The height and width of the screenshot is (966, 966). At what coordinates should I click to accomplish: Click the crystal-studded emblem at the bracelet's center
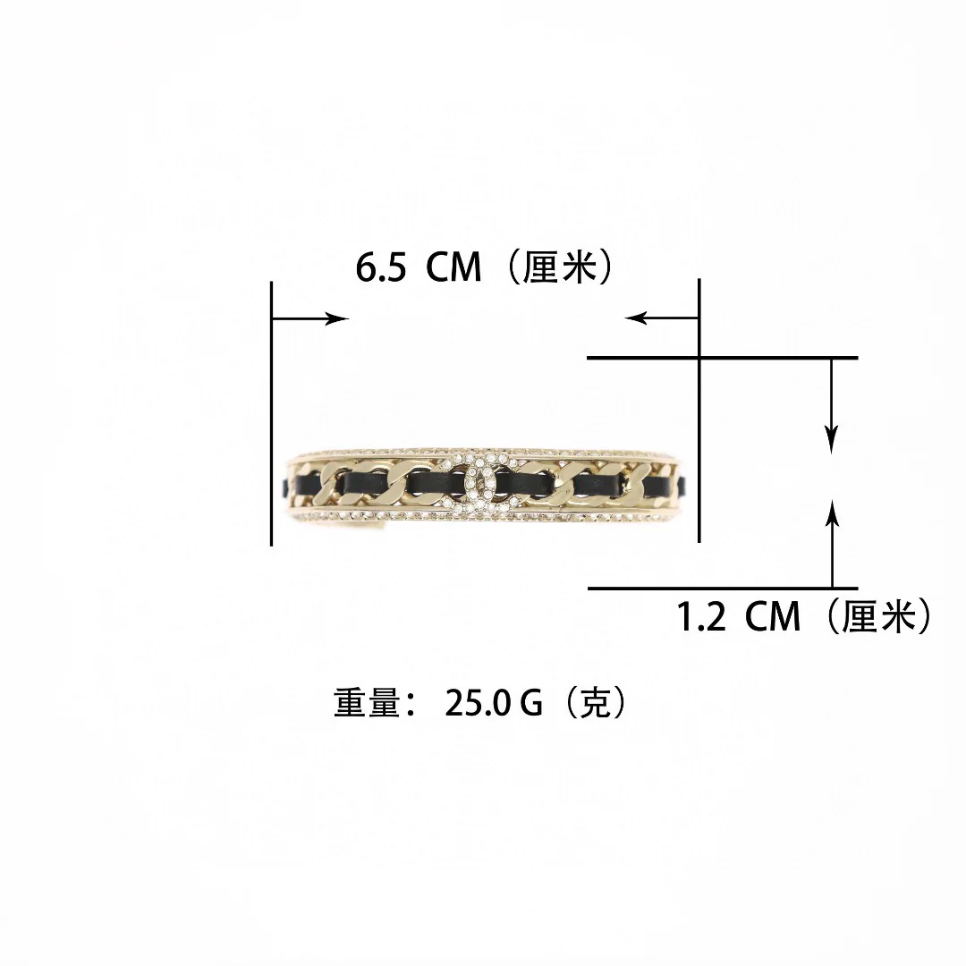[483, 482]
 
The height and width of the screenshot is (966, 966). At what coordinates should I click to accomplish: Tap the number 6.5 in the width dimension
[380, 268]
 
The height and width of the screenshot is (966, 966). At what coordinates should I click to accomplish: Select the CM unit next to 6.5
[453, 268]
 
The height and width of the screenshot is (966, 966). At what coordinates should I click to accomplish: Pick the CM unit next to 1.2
[773, 616]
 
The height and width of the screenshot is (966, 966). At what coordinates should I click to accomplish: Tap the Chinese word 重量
[368, 702]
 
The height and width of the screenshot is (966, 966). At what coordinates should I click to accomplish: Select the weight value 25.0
[478, 703]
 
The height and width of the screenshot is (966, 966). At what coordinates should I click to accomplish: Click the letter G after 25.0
[531, 703]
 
